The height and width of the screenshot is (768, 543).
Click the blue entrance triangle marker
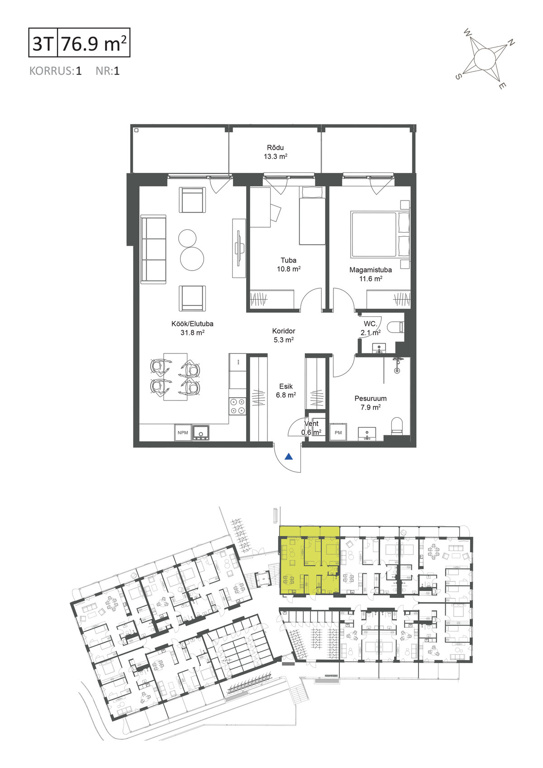coord(289,456)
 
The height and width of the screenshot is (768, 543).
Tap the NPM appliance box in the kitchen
coord(183,433)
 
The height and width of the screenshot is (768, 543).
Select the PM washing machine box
coord(338,433)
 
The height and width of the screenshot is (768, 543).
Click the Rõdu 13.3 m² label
coord(275,152)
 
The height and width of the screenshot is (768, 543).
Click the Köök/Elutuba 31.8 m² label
coord(192,328)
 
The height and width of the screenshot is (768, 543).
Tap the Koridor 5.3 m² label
coord(284,335)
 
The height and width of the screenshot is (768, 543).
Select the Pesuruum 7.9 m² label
coord(370,403)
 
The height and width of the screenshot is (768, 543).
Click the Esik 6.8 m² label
coord(286,391)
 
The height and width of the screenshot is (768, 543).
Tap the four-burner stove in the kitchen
coord(237,406)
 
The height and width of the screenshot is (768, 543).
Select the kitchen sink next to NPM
coord(201,433)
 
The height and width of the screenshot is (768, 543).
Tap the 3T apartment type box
coord(43,43)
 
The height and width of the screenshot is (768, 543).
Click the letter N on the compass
coord(510,43)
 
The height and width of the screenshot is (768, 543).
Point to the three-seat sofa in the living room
coord(153,249)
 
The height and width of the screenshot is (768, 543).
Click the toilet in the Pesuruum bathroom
coord(396,426)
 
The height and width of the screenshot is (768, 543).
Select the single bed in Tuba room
coord(312,216)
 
